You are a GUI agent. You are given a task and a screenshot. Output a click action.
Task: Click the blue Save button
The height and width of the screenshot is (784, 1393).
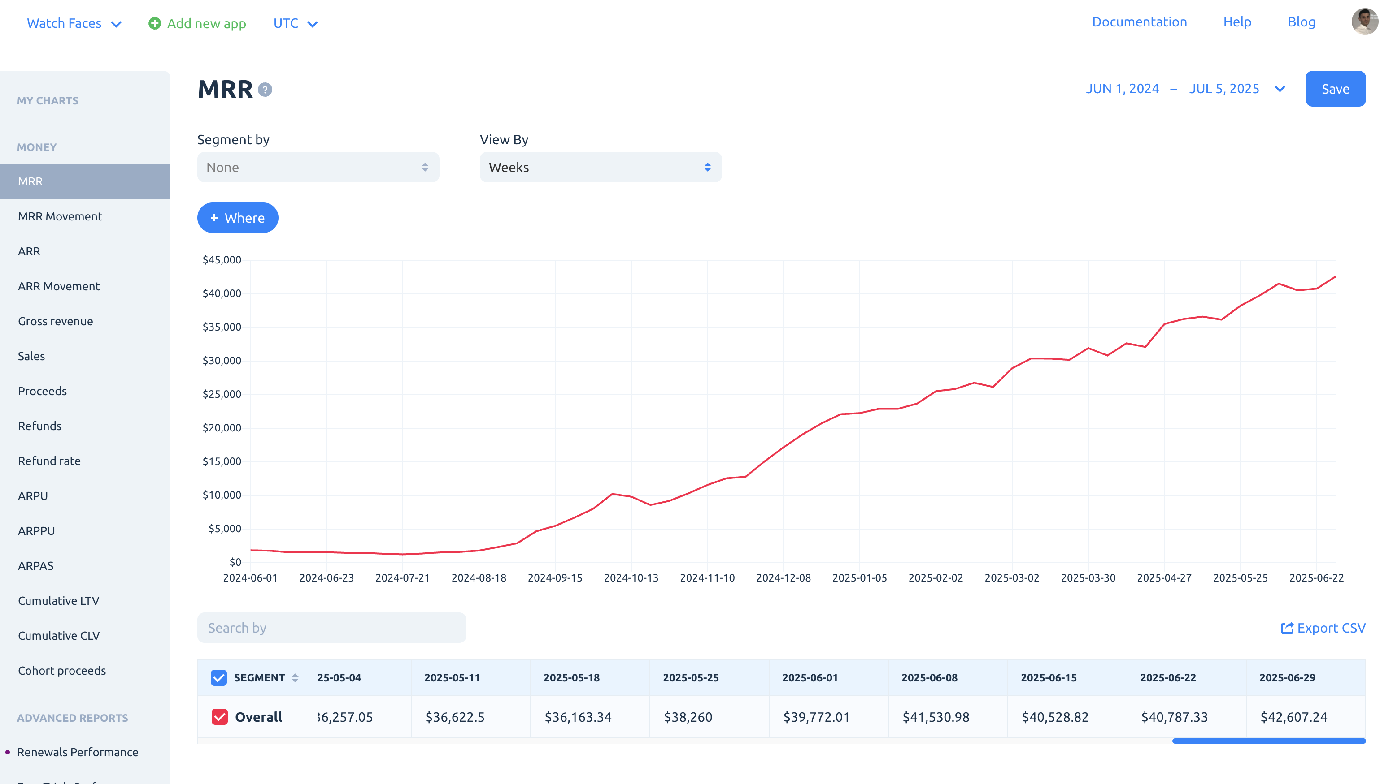click(x=1335, y=89)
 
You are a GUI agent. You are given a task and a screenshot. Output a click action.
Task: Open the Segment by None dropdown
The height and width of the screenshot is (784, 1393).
click(x=318, y=167)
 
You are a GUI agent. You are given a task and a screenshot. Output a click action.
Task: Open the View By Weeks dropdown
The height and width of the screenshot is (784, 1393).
click(x=600, y=167)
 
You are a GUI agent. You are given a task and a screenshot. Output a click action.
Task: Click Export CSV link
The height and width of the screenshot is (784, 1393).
click(x=1323, y=627)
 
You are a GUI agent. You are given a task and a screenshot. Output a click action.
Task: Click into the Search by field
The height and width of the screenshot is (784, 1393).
click(x=331, y=627)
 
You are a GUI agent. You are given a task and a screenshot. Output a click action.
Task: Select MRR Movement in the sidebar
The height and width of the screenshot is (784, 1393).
click(x=60, y=216)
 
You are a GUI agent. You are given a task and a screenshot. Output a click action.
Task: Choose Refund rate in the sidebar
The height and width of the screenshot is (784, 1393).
click(x=49, y=461)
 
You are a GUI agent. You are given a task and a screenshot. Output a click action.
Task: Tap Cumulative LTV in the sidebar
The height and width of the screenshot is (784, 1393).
click(x=58, y=600)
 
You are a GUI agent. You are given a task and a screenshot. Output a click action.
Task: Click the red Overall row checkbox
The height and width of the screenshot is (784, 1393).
click(x=219, y=716)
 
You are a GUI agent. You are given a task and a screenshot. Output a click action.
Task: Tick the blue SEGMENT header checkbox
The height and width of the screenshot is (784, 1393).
click(x=218, y=677)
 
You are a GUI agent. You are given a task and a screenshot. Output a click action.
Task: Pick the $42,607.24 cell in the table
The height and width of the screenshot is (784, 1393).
click(x=1293, y=716)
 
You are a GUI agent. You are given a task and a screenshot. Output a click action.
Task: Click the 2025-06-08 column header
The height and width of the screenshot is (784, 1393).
click(x=929, y=677)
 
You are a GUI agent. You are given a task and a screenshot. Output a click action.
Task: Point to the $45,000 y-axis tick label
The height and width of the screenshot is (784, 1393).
click(x=222, y=259)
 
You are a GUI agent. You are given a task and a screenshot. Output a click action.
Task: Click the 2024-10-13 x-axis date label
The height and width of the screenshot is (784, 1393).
click(x=631, y=577)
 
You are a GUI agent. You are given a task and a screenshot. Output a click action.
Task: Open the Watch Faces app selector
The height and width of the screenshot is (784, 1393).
click(x=74, y=23)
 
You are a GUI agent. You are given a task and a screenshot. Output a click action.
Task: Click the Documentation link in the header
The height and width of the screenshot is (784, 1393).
click(x=1140, y=22)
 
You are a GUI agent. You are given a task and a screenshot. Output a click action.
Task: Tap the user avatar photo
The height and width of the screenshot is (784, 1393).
click(x=1364, y=22)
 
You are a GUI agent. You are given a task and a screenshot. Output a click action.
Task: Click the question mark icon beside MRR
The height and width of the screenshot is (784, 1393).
click(x=265, y=90)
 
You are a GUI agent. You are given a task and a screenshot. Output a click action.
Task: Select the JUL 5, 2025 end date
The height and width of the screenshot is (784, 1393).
click(x=1224, y=89)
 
